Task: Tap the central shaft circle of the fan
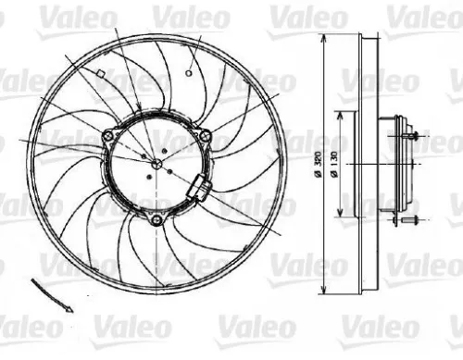(x=156, y=164)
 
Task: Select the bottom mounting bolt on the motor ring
(x=156, y=218)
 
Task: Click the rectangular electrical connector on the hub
(x=200, y=189)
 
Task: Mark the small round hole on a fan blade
(x=188, y=70)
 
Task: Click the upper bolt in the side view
(x=410, y=136)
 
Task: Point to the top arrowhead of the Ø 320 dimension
(x=320, y=40)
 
